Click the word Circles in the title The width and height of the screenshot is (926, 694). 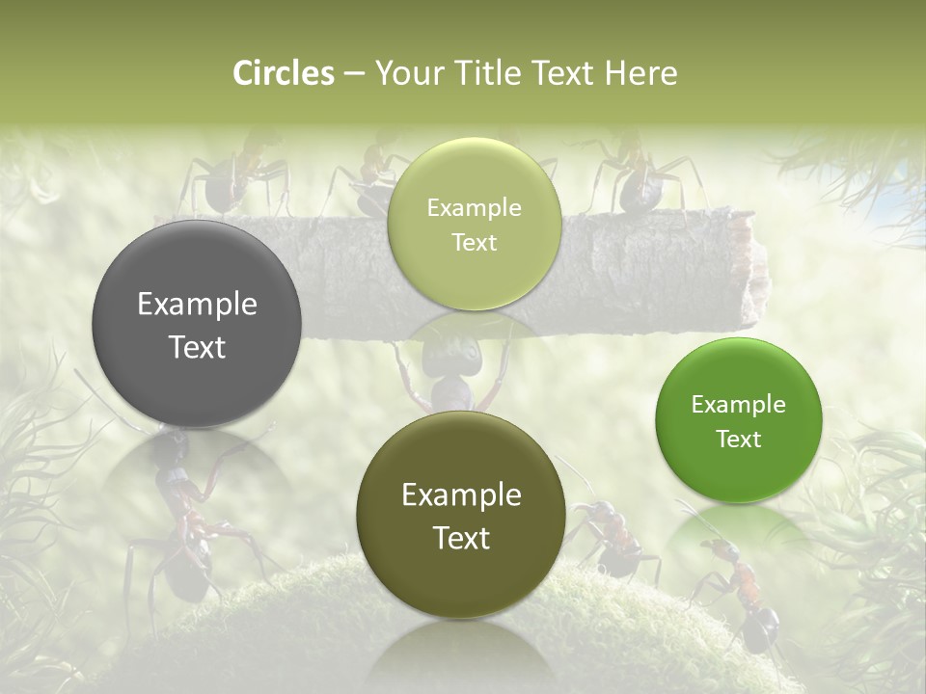coord(284,73)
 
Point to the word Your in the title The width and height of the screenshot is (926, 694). coord(405,73)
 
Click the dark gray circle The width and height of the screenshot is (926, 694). coord(197,324)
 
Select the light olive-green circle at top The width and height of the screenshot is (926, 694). coord(474,224)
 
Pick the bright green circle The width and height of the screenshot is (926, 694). coord(738,420)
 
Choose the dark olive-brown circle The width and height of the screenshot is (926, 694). coord(461,517)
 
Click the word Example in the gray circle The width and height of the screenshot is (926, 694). coord(197,305)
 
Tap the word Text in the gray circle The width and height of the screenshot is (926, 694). coord(197,347)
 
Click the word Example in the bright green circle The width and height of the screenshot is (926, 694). coord(738,404)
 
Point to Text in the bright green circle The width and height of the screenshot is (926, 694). coord(738,440)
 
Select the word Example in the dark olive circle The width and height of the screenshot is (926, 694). coord(461,495)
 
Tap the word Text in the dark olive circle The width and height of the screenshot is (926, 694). coord(461,538)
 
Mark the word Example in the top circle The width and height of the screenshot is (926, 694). coord(474,207)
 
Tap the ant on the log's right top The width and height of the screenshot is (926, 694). coord(637,178)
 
